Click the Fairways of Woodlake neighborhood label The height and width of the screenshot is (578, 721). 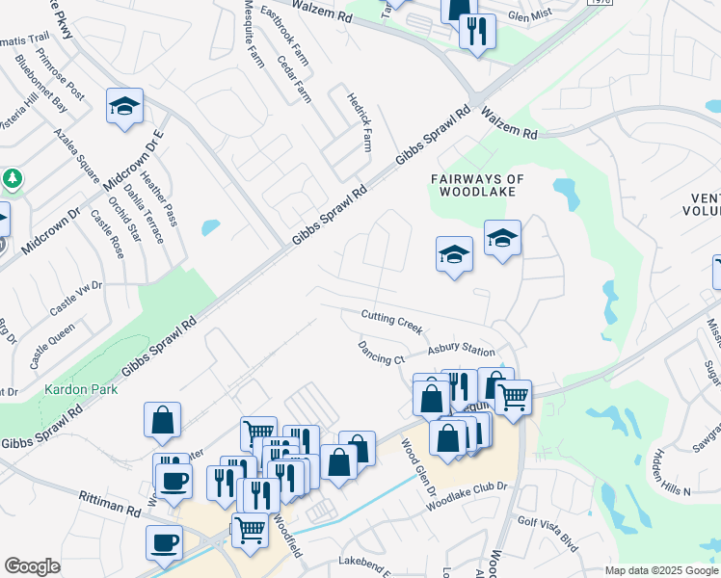(477, 185)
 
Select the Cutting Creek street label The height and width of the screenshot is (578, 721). (392, 322)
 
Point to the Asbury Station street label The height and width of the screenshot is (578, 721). (461, 351)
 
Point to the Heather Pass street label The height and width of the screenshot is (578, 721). (159, 198)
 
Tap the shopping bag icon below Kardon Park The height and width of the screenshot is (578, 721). (163, 419)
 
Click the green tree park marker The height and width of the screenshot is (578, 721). (12, 179)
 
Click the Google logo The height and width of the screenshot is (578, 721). (32, 566)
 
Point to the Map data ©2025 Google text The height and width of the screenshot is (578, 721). (661, 570)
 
